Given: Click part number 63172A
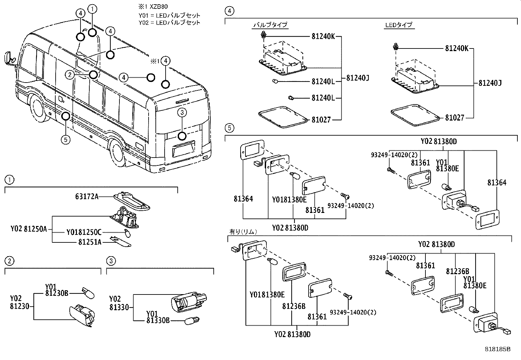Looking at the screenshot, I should point(87,197).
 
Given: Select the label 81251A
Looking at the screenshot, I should point(90,242).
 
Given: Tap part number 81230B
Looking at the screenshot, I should point(57,293).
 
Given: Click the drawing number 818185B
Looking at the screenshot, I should point(497,350).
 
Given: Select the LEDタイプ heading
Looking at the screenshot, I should point(399,25).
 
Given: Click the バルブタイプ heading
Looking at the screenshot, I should point(270,25).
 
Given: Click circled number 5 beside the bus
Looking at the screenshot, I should point(66,140).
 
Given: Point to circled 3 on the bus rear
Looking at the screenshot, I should point(182,113).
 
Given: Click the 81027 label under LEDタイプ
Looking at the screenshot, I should point(454,118).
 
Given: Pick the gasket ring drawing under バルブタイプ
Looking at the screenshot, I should point(282,116).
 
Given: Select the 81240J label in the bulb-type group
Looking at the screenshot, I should point(357,78).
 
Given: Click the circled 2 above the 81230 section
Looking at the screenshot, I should point(10,261).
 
